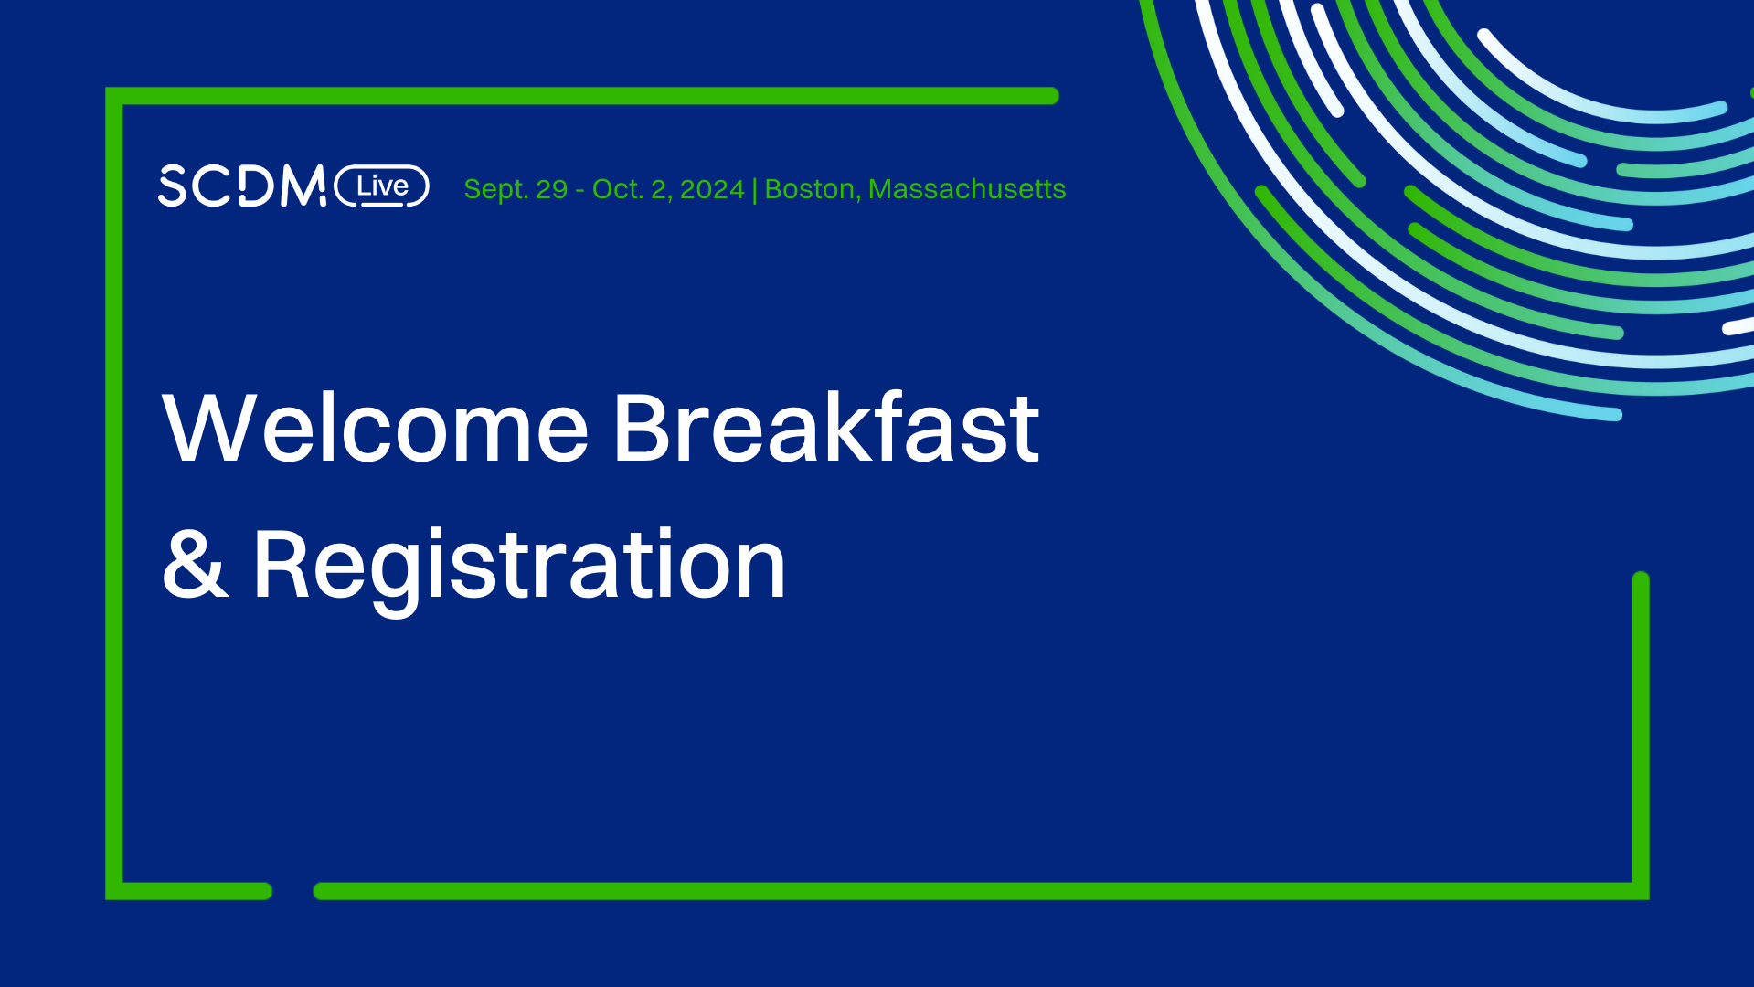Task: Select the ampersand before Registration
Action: coord(194,565)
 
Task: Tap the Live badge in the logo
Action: coord(382,186)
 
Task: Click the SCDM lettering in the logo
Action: coord(242,186)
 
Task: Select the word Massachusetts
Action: coord(967,189)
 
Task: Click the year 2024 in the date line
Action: coord(712,189)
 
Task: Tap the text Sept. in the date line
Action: coord(494,189)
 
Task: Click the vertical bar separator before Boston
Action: coord(754,190)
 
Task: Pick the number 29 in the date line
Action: coord(552,189)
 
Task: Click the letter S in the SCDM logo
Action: coord(172,186)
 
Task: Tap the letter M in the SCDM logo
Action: coord(303,186)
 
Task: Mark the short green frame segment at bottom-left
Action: coord(192,891)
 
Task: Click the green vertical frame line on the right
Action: coord(1641,731)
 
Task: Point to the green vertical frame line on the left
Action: coord(114,493)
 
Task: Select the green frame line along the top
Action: coord(585,96)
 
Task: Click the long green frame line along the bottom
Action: coord(969,891)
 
